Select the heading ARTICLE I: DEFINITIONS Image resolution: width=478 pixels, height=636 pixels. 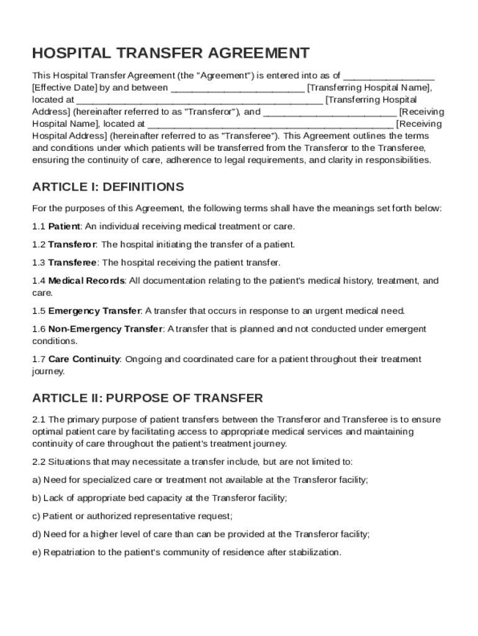click(108, 187)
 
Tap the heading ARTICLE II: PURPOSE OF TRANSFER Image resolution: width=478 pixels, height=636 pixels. click(148, 397)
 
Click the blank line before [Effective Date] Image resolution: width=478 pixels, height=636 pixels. click(389, 76)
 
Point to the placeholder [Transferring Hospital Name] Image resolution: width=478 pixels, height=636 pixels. click(369, 88)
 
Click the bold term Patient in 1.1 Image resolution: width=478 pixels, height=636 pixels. click(64, 226)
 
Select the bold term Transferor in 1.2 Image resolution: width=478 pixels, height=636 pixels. click(72, 244)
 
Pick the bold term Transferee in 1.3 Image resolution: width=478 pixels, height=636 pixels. click(72, 262)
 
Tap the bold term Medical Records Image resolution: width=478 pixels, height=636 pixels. click(87, 281)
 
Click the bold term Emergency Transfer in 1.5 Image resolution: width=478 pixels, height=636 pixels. click(95, 311)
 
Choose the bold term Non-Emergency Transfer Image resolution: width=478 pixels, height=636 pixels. click(106, 329)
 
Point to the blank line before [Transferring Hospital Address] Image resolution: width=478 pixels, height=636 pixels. click(199, 100)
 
